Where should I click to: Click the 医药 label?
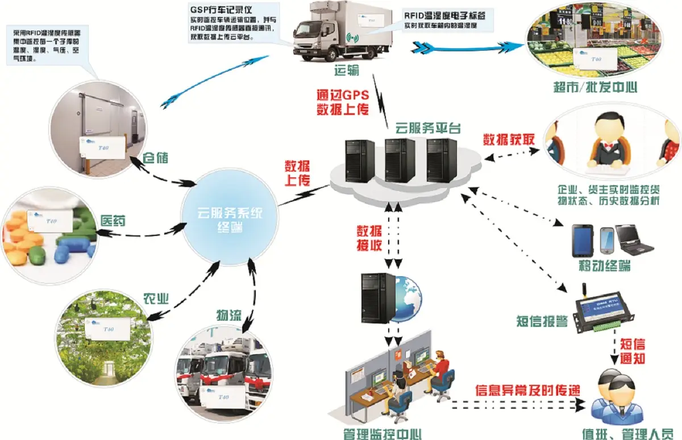click(113, 220)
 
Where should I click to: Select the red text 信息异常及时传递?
click(528, 391)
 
